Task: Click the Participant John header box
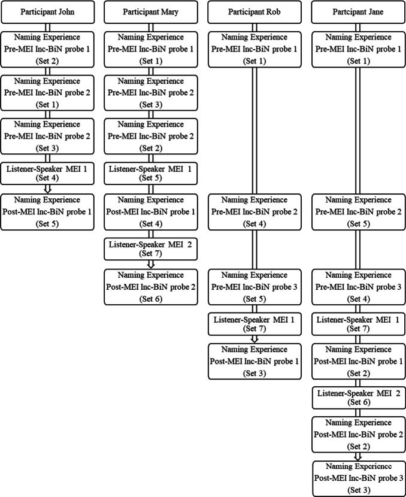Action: pos(49,11)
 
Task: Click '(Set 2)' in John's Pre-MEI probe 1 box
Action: pos(49,59)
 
